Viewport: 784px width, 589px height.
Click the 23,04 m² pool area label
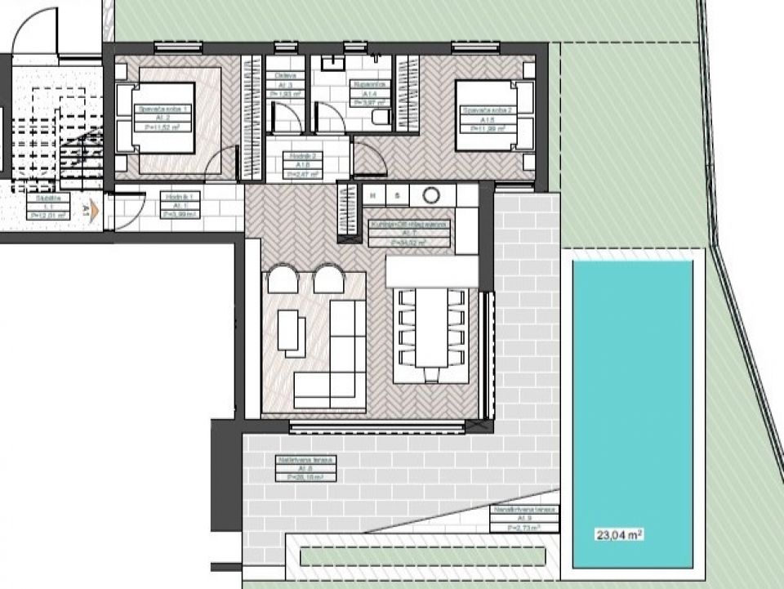pos(618,536)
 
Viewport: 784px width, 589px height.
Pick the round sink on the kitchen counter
pos(430,195)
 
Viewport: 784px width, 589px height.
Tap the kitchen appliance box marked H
pos(374,195)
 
